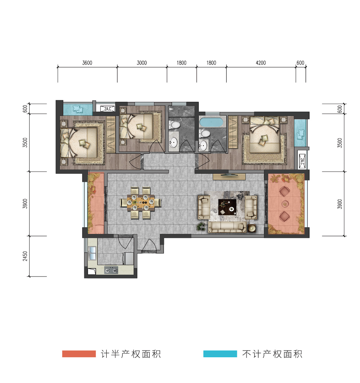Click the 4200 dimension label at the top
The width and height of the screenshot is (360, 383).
261,63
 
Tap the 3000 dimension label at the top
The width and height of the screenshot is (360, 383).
142,63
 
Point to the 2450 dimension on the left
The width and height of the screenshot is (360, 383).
25,256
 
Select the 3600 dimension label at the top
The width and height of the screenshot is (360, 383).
87,63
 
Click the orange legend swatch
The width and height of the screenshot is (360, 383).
79,354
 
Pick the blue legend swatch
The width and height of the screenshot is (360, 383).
220,354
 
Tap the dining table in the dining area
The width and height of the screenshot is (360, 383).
141,203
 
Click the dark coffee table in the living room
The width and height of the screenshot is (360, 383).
227,207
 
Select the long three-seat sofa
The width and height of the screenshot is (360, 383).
227,227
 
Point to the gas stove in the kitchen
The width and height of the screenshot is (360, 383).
111,270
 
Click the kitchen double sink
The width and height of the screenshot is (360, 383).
92,253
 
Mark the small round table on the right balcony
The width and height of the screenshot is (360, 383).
285,203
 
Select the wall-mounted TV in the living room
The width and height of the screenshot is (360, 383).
229,175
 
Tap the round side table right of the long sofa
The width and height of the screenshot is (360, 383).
252,228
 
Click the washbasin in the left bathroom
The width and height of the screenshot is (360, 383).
173,143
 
